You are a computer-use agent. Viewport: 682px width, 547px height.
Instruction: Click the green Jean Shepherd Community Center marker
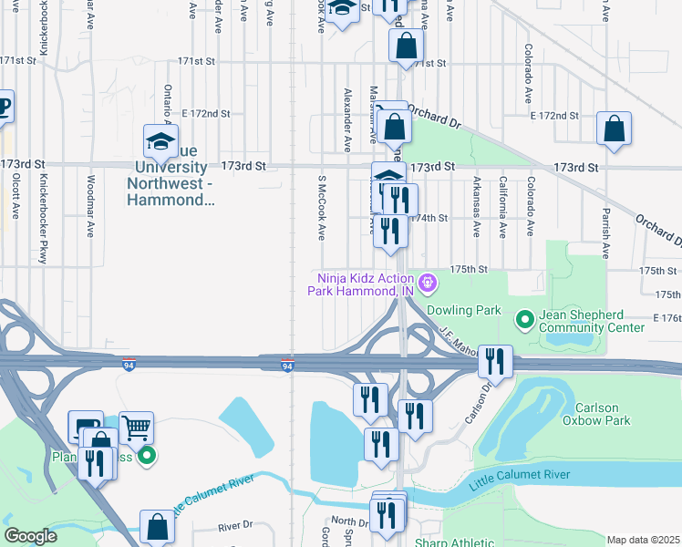[x=524, y=319]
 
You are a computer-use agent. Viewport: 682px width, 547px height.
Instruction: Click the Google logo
[x=30, y=536]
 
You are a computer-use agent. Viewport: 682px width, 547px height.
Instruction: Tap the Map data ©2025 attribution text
[x=643, y=540]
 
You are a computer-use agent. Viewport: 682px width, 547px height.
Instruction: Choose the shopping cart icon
[x=136, y=427]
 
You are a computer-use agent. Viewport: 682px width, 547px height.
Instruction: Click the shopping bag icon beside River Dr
[x=157, y=525]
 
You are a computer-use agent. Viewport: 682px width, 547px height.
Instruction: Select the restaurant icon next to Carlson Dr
[x=495, y=361]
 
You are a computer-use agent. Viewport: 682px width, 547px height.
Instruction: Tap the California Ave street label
[x=501, y=208]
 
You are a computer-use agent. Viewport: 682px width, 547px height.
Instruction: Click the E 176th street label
[x=666, y=317]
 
